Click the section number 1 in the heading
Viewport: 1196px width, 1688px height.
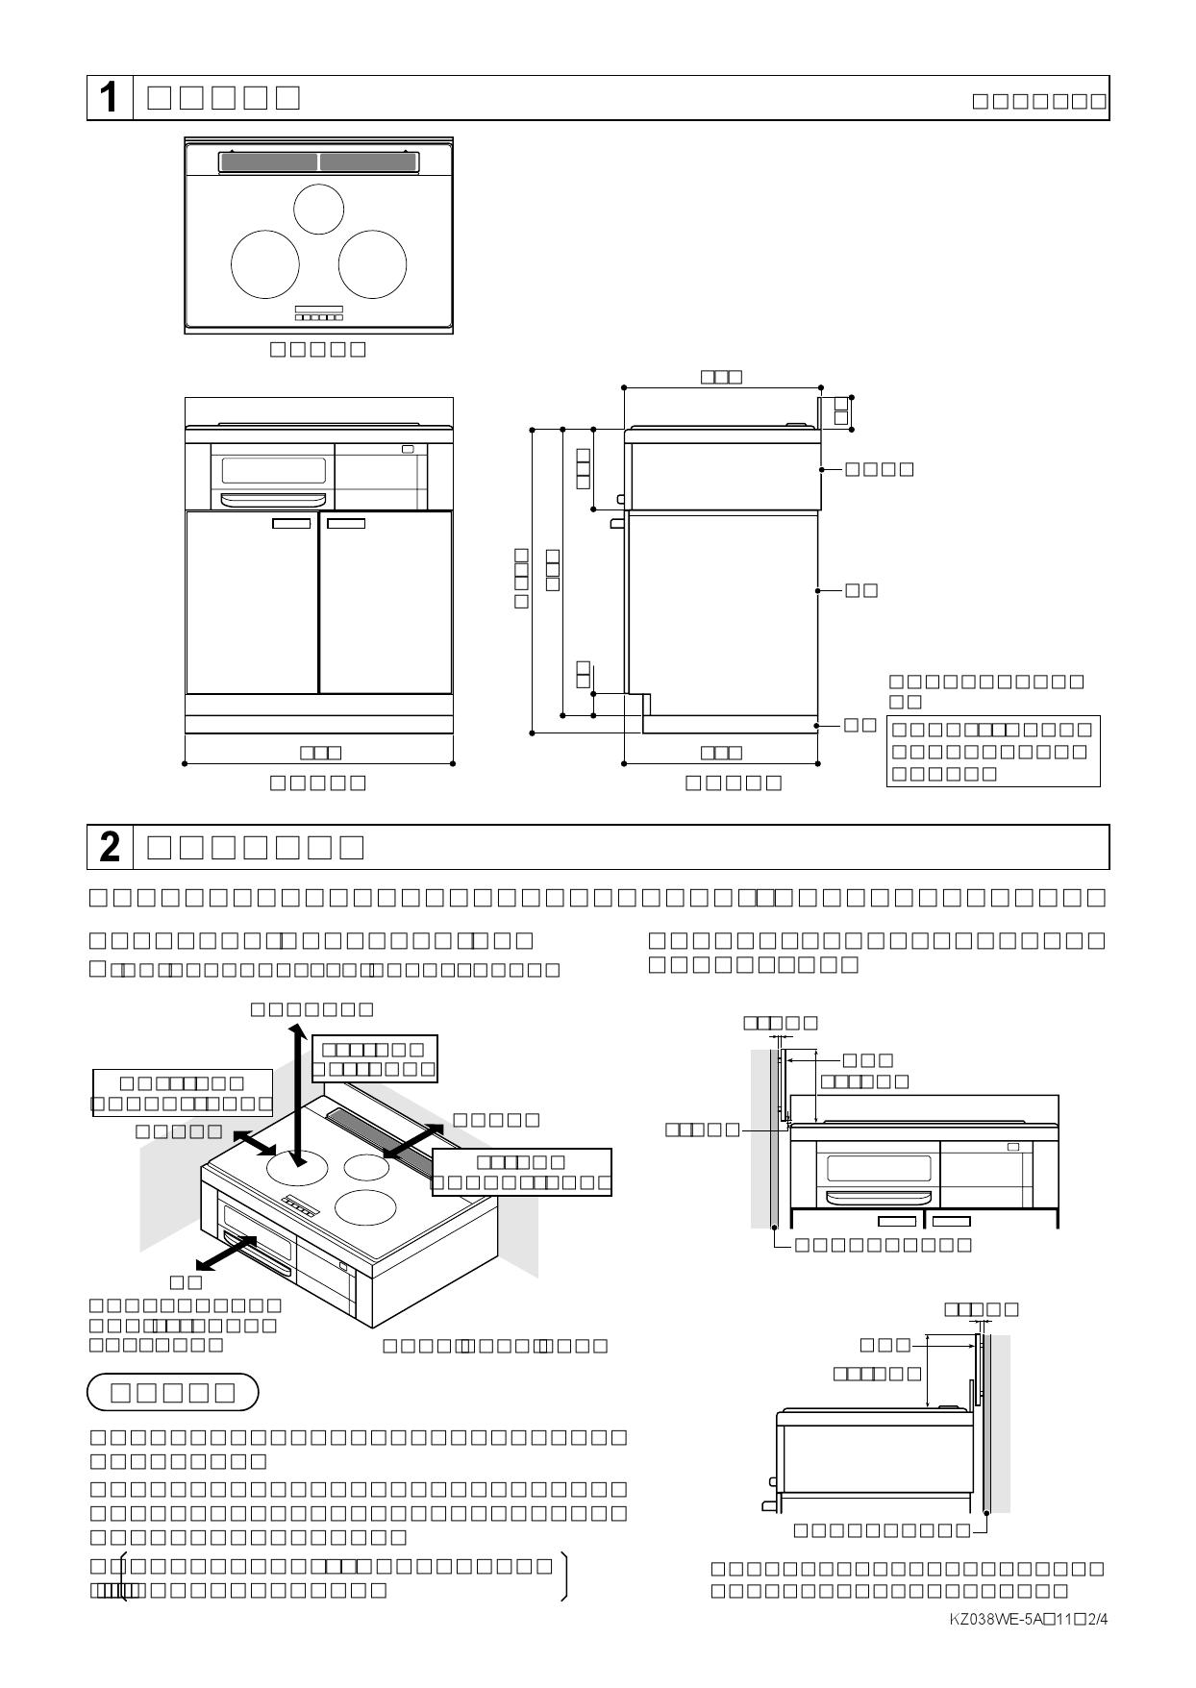[x=110, y=98]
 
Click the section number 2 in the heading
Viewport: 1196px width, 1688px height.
[x=110, y=847]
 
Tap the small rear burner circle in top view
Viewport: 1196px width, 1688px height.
[x=318, y=209]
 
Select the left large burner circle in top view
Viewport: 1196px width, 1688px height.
[x=265, y=263]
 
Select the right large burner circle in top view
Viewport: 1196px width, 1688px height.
[x=372, y=263]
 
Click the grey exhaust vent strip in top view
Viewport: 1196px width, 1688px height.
[x=318, y=161]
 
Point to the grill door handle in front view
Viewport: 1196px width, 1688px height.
[x=272, y=499]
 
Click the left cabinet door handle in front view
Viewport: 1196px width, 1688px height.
[x=291, y=523]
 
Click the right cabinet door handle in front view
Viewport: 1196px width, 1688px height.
[x=346, y=523]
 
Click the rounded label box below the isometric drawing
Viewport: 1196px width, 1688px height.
[x=173, y=1392]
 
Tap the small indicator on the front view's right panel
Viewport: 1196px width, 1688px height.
[x=408, y=449]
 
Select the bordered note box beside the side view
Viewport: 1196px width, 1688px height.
[x=992, y=751]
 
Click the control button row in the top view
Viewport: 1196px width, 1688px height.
[x=318, y=317]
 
